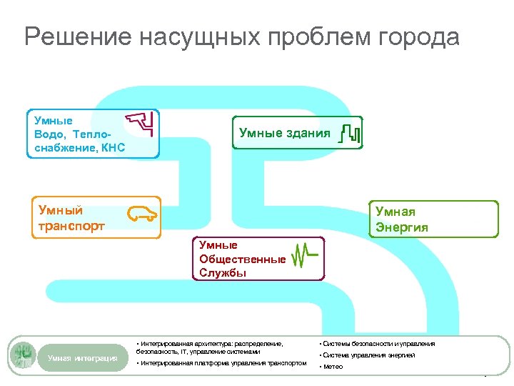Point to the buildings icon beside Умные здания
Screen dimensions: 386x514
[350, 133]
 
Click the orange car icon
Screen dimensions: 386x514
[143, 212]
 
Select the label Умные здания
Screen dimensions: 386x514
[284, 133]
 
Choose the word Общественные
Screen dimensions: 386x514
[243, 259]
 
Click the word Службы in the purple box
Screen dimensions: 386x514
[223, 272]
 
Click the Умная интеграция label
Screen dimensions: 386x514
[83, 357]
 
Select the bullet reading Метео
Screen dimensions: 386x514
[333, 367]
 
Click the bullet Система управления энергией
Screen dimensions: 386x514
[368, 355]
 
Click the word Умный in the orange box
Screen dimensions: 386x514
[61, 210]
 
